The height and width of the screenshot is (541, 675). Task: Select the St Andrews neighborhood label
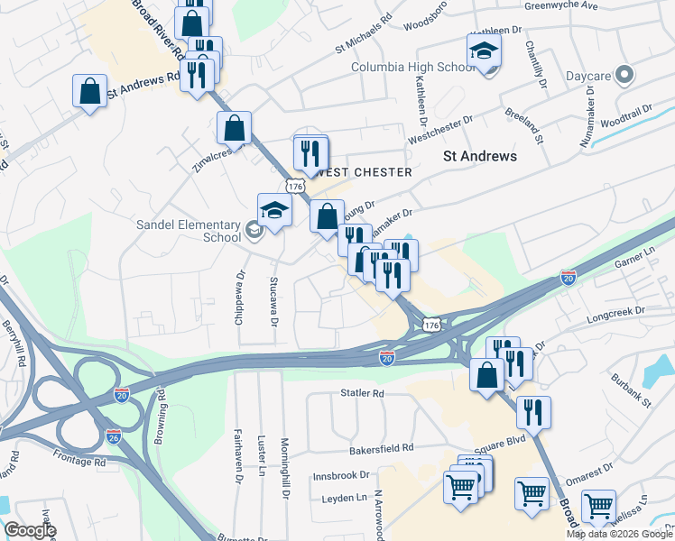coord(480,156)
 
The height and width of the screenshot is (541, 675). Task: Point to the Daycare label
coord(590,77)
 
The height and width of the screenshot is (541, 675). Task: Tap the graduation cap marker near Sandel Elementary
coord(274,214)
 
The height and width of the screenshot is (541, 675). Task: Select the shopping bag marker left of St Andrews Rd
coord(90,92)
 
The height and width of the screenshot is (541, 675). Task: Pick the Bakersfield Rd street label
coord(382,447)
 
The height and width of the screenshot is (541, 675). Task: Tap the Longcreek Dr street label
coord(617,310)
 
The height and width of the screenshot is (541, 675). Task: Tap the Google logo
coord(30,529)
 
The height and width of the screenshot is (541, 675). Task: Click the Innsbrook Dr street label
coord(340,474)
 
